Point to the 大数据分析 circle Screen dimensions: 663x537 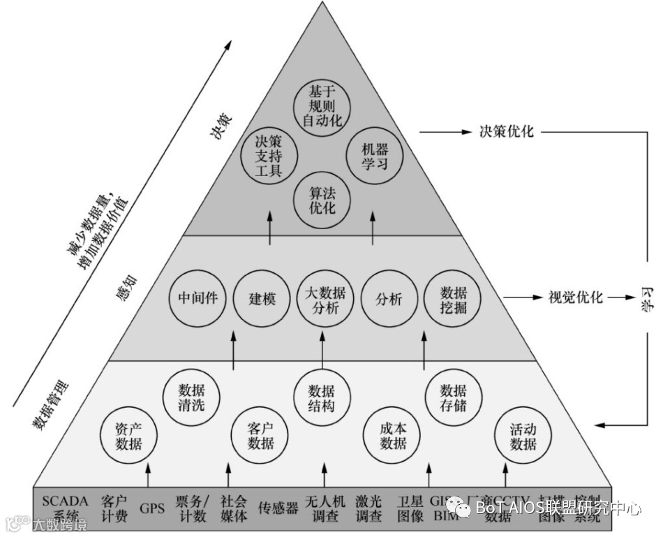(x=322, y=298)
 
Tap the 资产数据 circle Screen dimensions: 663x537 (x=128, y=434)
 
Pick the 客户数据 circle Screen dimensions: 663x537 (x=260, y=434)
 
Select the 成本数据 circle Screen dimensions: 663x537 (x=392, y=434)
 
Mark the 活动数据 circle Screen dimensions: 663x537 (x=523, y=434)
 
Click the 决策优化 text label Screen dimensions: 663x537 (x=506, y=131)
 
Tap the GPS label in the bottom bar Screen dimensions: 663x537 (x=151, y=508)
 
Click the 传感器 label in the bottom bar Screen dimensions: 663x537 (x=278, y=508)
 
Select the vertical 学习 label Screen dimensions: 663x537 (x=647, y=298)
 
